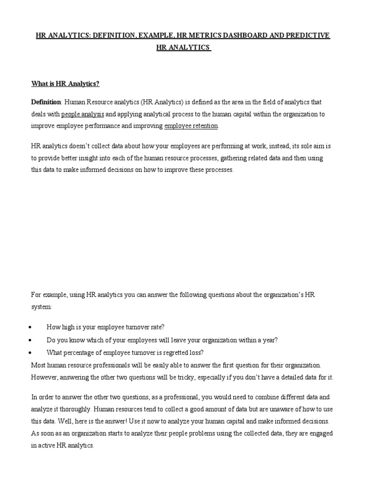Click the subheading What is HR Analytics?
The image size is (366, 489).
(65, 84)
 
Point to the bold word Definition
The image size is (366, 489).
(46, 102)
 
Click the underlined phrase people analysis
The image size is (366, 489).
(82, 114)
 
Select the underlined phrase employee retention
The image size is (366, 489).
(191, 126)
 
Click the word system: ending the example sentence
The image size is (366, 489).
(41, 307)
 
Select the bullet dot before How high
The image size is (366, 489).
(30, 327)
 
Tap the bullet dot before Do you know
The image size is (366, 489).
(30, 340)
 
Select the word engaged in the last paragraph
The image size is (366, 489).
(321, 434)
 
